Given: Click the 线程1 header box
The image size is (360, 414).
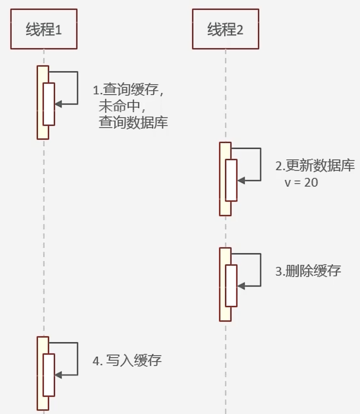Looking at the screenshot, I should point(43,29).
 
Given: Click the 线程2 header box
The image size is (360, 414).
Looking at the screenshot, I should point(225,29).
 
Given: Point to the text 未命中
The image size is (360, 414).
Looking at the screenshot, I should point(119,107).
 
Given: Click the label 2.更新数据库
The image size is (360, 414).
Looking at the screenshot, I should point(315,167).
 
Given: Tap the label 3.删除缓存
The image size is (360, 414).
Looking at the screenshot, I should point(308,271).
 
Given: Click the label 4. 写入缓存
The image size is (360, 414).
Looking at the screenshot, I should point(127,361).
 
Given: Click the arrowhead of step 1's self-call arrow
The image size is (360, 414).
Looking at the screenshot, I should point(59,104).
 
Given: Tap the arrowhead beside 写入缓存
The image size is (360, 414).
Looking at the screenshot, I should point(59,375).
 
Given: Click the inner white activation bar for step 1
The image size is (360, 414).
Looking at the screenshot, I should point(49,104).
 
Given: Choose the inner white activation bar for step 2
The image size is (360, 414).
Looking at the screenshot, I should point(231,180).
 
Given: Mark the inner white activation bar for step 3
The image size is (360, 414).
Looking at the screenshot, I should point(231,286).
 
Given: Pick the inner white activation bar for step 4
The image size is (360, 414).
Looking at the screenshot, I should point(49,375).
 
